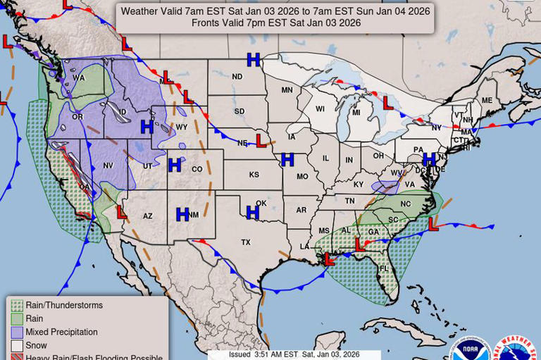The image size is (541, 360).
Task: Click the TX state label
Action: click(x=246, y=242)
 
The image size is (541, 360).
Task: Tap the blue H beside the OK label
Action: click(x=252, y=212)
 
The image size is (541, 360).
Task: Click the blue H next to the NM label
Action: click(x=182, y=214)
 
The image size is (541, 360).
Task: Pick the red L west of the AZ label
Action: click(x=121, y=212)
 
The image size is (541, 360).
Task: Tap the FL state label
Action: click(x=384, y=269)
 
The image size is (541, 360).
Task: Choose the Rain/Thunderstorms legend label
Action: click(x=64, y=305)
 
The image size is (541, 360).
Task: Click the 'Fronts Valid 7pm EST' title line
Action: click(x=275, y=23)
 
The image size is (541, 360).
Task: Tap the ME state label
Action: click(x=487, y=101)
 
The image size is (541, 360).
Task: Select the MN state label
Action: click(x=287, y=90)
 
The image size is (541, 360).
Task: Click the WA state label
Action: click(x=78, y=78)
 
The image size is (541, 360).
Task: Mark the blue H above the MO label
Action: click(x=287, y=160)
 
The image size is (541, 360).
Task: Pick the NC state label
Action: click(x=406, y=204)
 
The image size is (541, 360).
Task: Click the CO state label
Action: click(x=197, y=169)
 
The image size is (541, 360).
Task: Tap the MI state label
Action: click(x=356, y=113)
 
